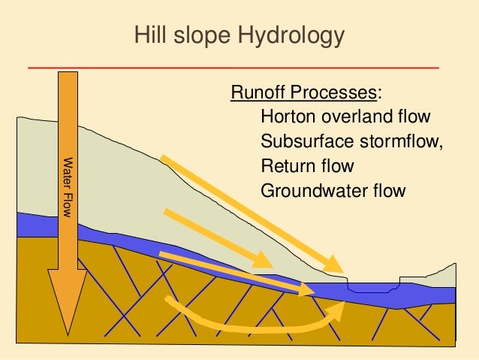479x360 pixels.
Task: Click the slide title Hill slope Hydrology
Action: [x=239, y=36]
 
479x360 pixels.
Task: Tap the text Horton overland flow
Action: [x=345, y=117]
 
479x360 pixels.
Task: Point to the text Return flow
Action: [x=306, y=165]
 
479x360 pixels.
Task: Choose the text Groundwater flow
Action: [x=333, y=189]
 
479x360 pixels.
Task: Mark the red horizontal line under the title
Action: [x=233, y=68]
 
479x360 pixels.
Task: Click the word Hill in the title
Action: [x=146, y=36]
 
